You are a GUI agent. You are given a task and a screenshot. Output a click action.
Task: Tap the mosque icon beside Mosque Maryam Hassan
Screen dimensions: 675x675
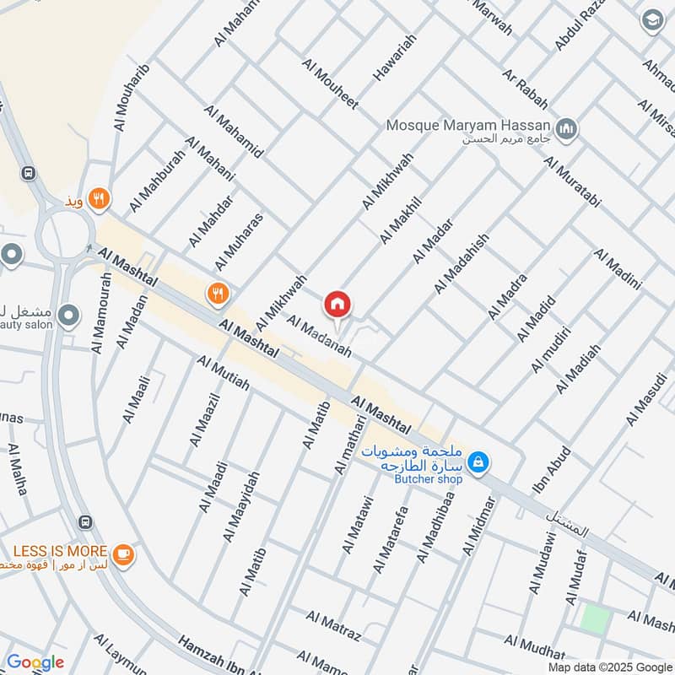coord(569,128)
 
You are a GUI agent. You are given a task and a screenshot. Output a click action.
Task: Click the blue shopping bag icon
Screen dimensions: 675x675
coord(478,462)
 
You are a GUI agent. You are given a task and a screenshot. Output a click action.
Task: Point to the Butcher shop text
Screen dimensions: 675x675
coord(429,479)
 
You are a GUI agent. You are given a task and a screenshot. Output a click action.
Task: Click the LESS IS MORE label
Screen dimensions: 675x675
coord(59,551)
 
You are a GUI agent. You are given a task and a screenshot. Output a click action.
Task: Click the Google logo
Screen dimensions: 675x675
coord(35,662)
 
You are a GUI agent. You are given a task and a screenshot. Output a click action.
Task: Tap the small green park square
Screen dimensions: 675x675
coord(595,620)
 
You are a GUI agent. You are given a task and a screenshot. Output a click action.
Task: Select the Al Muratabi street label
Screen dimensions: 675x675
coord(584,182)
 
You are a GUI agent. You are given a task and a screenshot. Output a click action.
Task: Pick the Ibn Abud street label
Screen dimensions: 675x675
coord(552,471)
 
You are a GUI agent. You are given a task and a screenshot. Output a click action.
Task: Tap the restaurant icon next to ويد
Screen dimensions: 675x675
coord(100,199)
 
